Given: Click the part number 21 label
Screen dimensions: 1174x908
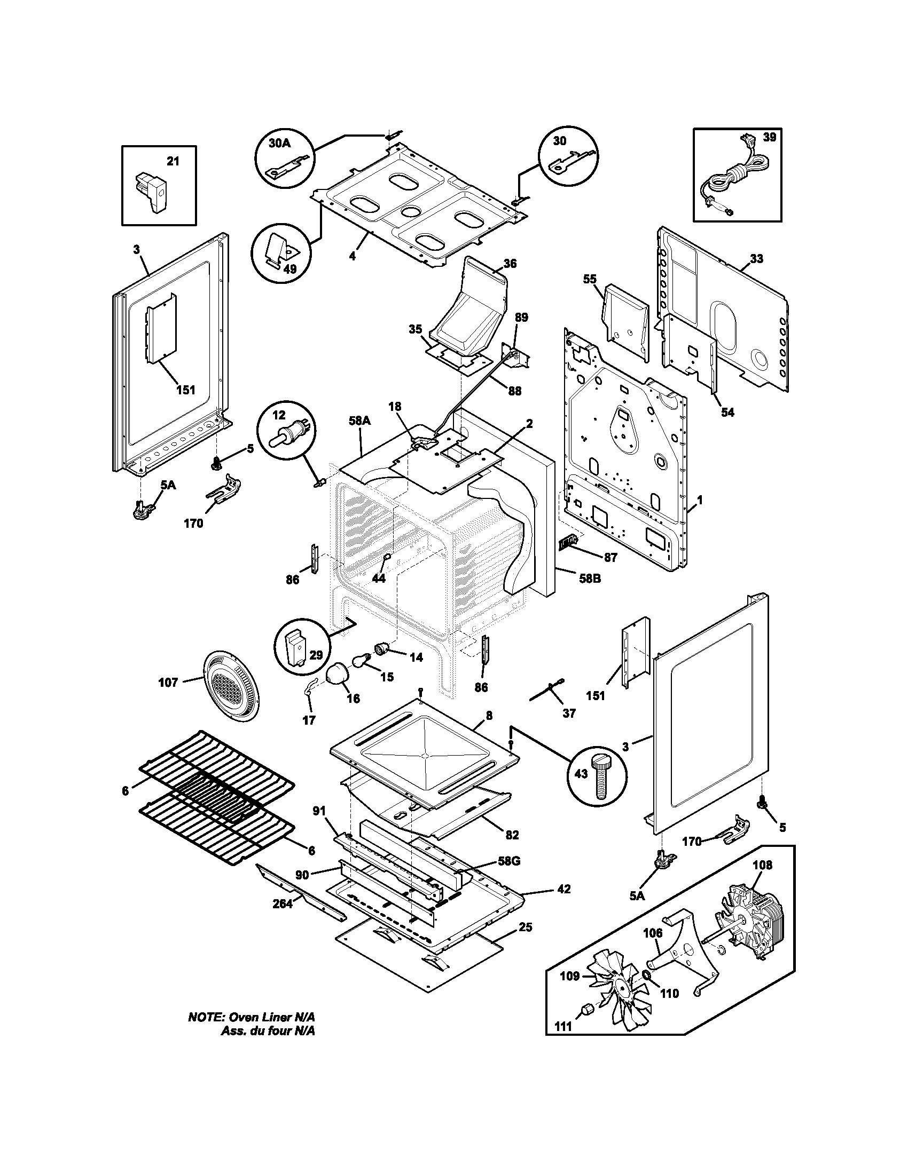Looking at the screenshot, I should click(x=173, y=161).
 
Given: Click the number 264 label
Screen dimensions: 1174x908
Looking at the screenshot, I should click(x=283, y=903).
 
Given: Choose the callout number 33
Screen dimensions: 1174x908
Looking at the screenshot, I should click(x=756, y=259).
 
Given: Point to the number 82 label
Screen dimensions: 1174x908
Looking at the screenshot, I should click(x=512, y=835).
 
